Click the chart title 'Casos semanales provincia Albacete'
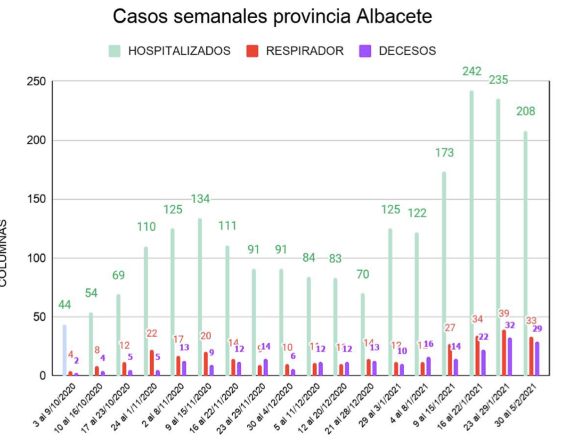coord(272,16)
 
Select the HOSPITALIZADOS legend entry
coord(169,51)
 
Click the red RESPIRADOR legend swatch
coord(252,51)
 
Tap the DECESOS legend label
coord(407,51)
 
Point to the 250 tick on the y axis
coord(36,82)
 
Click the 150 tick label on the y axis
coord(36,199)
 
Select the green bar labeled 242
coord(471,232)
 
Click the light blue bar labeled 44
coord(64,350)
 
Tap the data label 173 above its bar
coord(444,153)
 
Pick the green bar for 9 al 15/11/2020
coord(200,296)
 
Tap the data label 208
coord(526,111)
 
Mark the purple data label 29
coord(537,329)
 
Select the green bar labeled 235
coord(498,236)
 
